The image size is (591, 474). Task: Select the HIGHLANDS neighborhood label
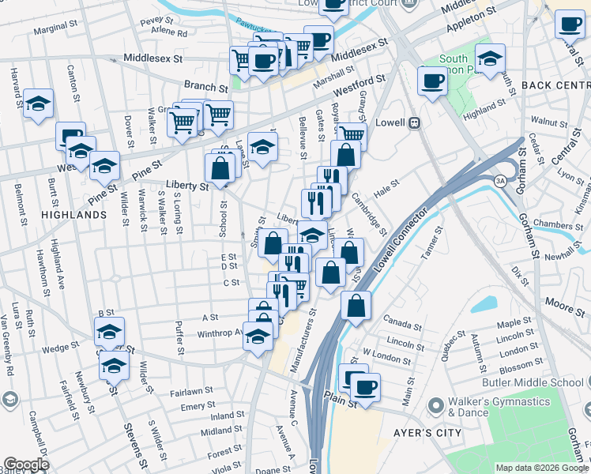tap(73, 214)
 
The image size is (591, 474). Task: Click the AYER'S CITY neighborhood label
tap(422, 433)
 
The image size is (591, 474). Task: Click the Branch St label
tap(205, 85)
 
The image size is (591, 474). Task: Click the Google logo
tap(27, 464)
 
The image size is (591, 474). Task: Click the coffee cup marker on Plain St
tap(364, 387)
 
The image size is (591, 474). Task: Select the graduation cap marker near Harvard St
tap(38, 104)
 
